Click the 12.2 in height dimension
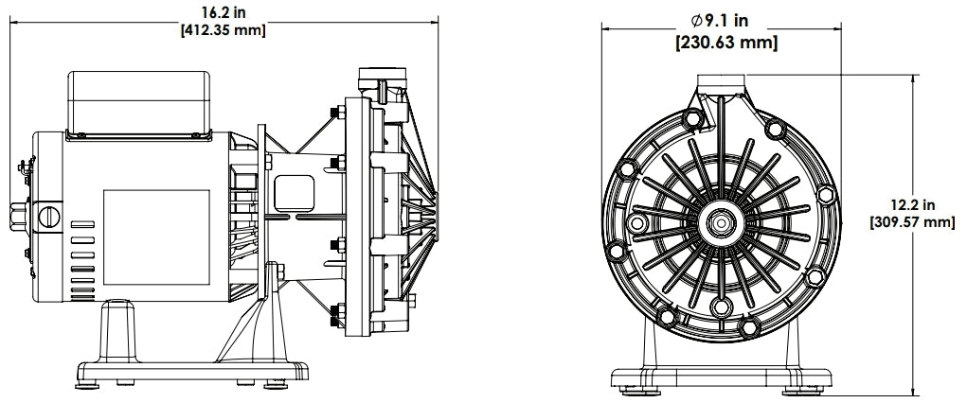915,205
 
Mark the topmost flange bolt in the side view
335,116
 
